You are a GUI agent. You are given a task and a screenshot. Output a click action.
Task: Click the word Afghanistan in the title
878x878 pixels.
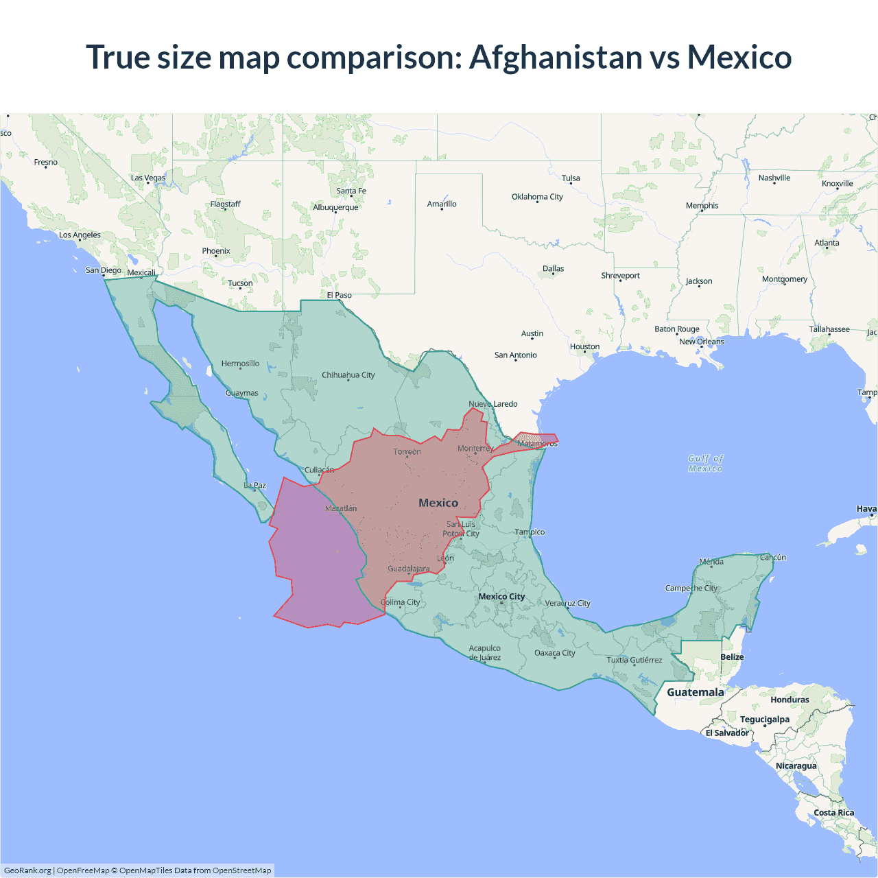(x=556, y=57)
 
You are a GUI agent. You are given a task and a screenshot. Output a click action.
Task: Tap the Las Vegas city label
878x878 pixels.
(x=148, y=178)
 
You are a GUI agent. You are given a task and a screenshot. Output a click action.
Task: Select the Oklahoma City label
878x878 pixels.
(x=537, y=197)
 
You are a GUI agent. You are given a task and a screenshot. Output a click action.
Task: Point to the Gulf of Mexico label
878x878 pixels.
(x=706, y=464)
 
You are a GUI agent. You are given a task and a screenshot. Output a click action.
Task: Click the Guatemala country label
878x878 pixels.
(x=695, y=692)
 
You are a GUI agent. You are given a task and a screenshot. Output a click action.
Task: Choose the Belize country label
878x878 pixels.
(x=732, y=657)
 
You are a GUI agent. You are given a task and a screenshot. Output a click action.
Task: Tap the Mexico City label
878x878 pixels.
(x=501, y=597)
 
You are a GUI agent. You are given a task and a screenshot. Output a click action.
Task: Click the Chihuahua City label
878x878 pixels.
(x=348, y=375)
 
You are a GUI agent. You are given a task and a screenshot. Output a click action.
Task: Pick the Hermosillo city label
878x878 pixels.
(x=240, y=364)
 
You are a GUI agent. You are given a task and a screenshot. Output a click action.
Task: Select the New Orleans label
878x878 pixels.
(x=701, y=342)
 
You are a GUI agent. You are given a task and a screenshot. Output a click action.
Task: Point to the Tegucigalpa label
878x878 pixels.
(x=764, y=720)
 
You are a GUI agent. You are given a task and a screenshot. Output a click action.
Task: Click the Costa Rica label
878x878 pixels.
(x=833, y=813)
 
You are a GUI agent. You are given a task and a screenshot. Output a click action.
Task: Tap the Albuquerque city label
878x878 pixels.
(x=335, y=207)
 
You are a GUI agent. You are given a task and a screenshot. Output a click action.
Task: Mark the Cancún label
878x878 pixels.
(x=772, y=558)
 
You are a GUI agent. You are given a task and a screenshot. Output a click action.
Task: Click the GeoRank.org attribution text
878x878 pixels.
(x=27, y=870)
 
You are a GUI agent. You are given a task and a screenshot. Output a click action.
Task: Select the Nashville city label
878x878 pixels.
(x=774, y=178)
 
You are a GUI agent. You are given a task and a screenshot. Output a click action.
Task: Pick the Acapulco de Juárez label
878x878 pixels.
(x=485, y=653)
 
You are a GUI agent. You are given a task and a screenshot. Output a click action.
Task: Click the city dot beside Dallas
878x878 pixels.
(x=554, y=274)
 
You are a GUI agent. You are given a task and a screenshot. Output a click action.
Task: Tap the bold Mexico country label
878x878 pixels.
(x=438, y=503)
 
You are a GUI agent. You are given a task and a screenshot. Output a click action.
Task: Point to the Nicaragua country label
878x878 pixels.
(x=796, y=766)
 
